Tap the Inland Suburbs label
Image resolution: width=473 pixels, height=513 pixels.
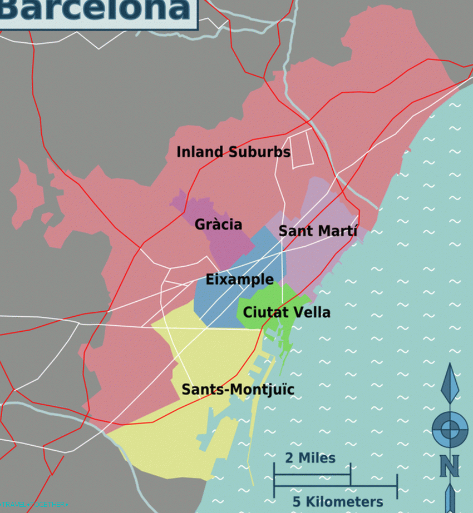click(x=233, y=152)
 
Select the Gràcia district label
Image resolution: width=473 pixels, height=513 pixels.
click(x=218, y=225)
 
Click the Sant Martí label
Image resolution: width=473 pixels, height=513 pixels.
click(x=318, y=231)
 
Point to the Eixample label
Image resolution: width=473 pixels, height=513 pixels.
click(x=239, y=279)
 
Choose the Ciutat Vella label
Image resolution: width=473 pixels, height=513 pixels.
click(x=287, y=312)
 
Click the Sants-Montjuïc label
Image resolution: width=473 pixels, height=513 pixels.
click(x=238, y=390)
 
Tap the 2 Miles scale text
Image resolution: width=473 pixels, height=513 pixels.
click(x=310, y=458)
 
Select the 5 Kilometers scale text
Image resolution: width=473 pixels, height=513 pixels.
click(x=338, y=502)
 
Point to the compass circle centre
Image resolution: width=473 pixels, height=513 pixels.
click(x=450, y=429)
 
